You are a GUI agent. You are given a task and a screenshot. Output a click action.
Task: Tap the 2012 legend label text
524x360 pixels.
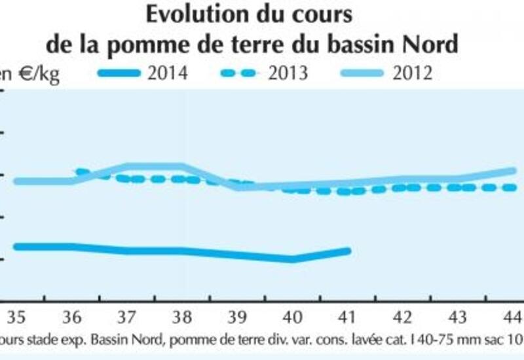point(413,73)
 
